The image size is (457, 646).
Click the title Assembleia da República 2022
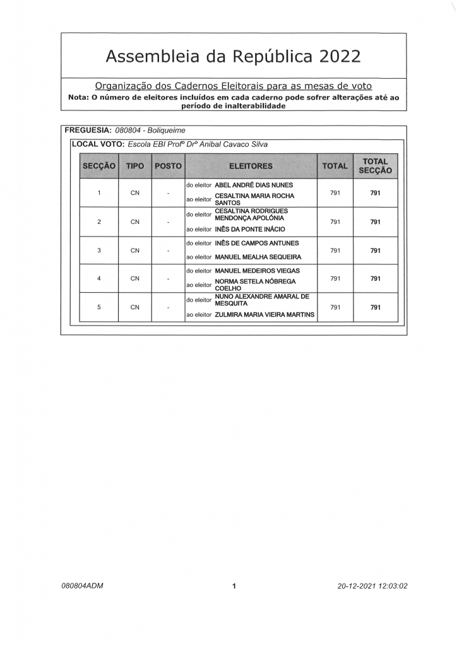pyautogui.click(x=233, y=57)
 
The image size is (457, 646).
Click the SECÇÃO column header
pyautogui.click(x=98, y=166)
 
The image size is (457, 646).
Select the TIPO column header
pyautogui.click(x=135, y=166)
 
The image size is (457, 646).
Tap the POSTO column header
pyautogui.click(x=168, y=166)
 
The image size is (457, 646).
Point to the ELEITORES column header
pyautogui.click(x=251, y=166)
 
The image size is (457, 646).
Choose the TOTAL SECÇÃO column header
pyautogui.click(x=375, y=166)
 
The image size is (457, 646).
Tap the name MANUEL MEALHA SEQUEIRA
pyautogui.click(x=258, y=257)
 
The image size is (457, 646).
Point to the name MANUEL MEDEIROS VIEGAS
pyautogui.click(x=258, y=271)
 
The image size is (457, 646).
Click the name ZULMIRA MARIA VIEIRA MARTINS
pyautogui.click(x=264, y=314)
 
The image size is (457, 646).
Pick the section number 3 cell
pyautogui.click(x=99, y=250)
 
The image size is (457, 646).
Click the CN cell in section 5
pyautogui.click(x=135, y=308)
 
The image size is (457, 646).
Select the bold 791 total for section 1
pyautogui.click(x=375, y=193)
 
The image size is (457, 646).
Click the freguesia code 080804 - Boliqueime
pyautogui.click(x=150, y=131)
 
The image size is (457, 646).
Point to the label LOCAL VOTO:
pyautogui.click(x=98, y=144)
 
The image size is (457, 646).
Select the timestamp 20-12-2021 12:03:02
pyautogui.click(x=372, y=585)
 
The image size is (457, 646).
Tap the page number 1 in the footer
pyautogui.click(x=234, y=586)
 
